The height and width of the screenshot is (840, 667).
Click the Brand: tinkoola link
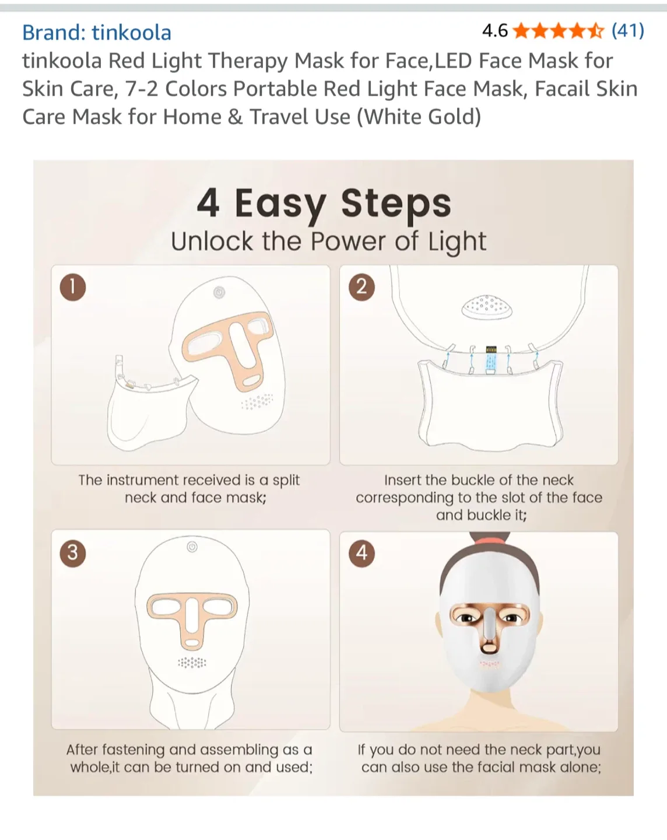[x=97, y=33]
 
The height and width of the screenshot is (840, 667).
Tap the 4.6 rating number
[x=495, y=30]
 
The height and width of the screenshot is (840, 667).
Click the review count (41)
[x=627, y=30]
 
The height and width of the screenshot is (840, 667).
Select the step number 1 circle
[x=73, y=287]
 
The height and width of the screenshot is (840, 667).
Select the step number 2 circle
[x=361, y=287]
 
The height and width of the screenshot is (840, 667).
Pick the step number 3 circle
[x=73, y=552]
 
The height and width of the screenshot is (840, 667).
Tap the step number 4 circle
[x=361, y=552]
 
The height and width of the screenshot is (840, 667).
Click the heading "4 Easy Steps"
[x=324, y=204]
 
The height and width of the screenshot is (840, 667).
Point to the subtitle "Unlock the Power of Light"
[x=328, y=242]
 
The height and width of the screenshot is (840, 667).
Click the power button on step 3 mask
[x=192, y=547]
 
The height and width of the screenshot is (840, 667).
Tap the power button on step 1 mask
[x=219, y=292]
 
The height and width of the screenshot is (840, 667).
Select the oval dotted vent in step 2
[x=487, y=307]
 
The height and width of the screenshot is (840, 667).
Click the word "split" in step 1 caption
[x=286, y=480]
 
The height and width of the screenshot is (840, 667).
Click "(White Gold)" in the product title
[x=419, y=117]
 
